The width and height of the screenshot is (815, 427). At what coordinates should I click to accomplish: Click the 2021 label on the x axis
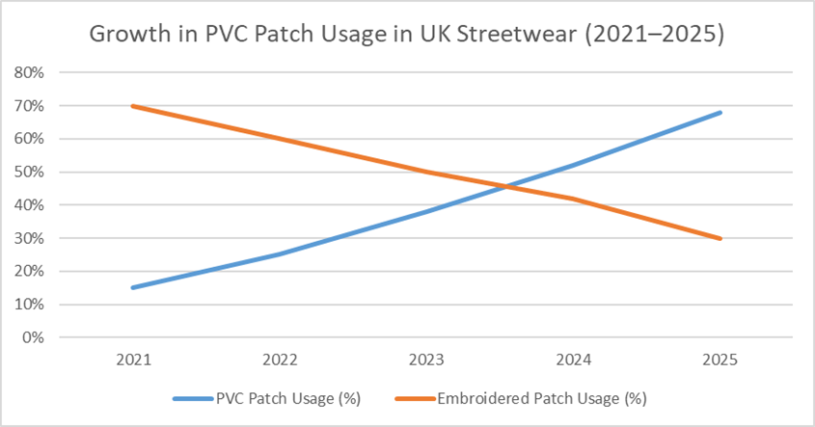[x=132, y=360]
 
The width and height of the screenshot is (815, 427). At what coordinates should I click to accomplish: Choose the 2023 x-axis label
[x=426, y=360]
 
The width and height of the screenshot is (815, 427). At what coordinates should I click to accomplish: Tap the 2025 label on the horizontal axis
[x=720, y=360]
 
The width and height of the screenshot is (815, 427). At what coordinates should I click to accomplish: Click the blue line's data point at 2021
[x=132, y=287]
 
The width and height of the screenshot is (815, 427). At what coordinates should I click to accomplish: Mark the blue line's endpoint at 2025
[x=720, y=113]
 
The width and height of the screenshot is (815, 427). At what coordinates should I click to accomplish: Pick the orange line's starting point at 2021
[x=132, y=106]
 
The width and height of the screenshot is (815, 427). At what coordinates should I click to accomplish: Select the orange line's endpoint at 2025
[x=720, y=238]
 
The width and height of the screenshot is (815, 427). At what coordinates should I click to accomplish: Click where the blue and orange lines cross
[x=504, y=186]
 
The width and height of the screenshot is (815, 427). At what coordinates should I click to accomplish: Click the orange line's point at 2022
[x=280, y=139]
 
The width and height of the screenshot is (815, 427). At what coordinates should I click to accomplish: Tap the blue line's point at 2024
[x=574, y=165]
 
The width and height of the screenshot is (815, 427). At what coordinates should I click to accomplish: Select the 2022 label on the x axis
[x=280, y=360]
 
